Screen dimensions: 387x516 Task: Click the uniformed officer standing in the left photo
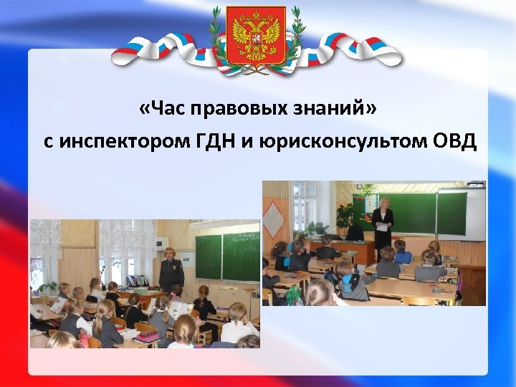[171, 268]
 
